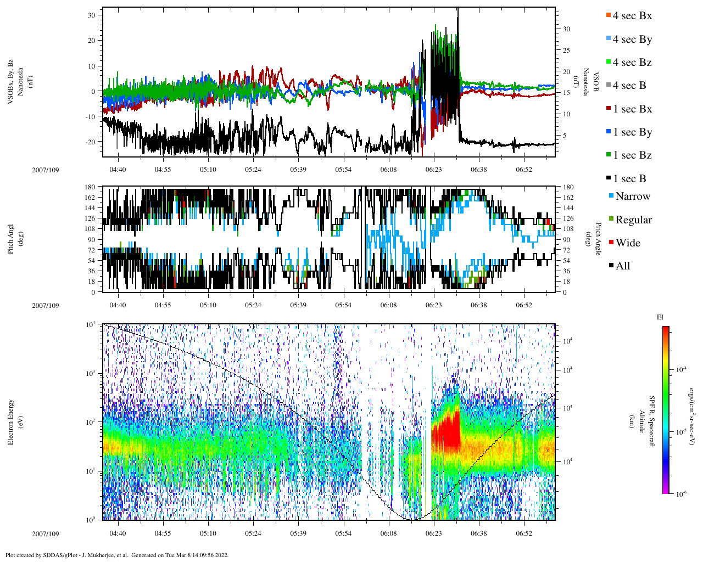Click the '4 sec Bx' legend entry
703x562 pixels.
(x=632, y=16)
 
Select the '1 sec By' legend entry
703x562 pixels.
(x=632, y=132)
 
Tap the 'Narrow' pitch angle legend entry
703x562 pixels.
(x=632, y=196)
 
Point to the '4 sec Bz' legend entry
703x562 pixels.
(x=632, y=63)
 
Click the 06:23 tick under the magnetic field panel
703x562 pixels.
(x=433, y=170)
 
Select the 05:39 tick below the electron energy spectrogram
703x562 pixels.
(x=298, y=533)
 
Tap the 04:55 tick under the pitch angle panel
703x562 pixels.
(x=163, y=305)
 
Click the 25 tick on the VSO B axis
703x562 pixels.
(x=566, y=50)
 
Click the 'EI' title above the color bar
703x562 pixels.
(x=660, y=317)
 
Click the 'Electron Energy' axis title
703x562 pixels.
(x=10, y=422)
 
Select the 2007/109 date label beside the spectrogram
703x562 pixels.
(x=46, y=533)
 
